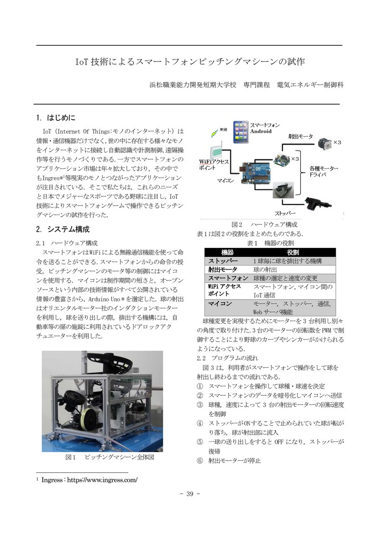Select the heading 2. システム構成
tap(63, 229)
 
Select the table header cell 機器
tap(228, 252)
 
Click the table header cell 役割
tap(293, 252)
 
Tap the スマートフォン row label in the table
tap(228, 278)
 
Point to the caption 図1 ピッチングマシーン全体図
tap(110, 458)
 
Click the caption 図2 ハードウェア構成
tap(264, 225)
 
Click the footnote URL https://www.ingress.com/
tap(102, 480)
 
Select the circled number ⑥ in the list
tap(200, 460)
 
